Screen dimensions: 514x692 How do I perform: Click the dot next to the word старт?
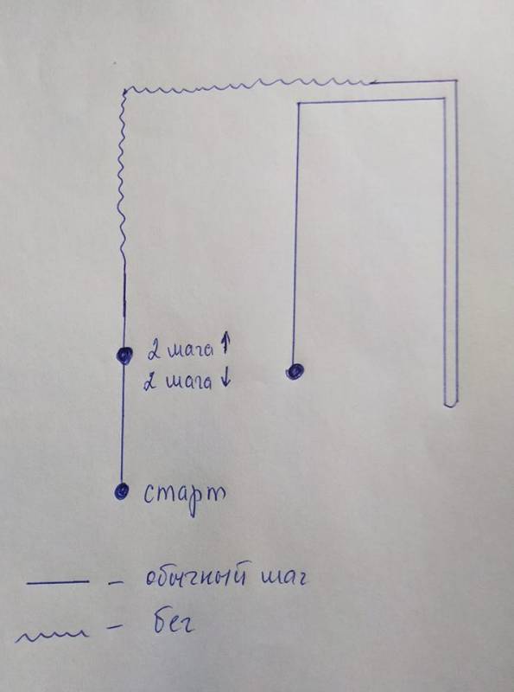tap(121, 490)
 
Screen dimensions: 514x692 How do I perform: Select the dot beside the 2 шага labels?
tap(124, 355)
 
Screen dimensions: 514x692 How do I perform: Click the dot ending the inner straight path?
tap(295, 370)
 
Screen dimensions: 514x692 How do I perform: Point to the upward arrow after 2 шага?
tap(224, 343)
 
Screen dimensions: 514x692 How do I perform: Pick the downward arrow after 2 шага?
tap(225, 380)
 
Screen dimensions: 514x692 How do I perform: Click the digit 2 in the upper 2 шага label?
tap(154, 351)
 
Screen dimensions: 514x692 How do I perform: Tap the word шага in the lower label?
tap(188, 382)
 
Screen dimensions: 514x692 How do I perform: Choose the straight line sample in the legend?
tap(57, 582)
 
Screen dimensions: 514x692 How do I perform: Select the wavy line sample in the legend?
tap(52, 636)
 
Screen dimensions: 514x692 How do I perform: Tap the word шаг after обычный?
tap(282, 579)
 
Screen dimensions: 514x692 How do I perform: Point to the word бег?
tap(174, 623)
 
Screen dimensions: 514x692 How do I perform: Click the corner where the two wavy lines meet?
tap(126, 92)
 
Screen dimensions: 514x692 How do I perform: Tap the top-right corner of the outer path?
tap(457, 80)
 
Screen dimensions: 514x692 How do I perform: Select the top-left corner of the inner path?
tap(299, 103)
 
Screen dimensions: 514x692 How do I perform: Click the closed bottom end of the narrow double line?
tap(451, 405)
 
